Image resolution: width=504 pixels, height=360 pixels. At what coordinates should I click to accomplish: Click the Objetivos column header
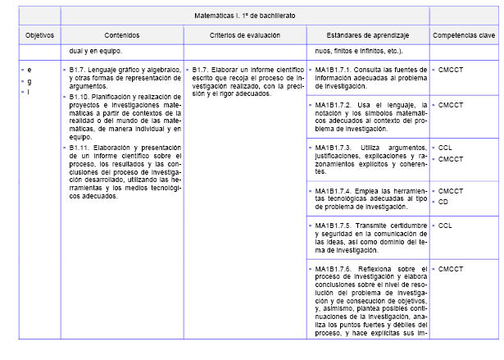pyautogui.click(x=39, y=35)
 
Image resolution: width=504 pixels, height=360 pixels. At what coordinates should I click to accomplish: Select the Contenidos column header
pyautogui.click(x=122, y=35)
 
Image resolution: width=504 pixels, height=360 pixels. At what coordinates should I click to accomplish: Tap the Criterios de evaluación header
pyautogui.click(x=245, y=35)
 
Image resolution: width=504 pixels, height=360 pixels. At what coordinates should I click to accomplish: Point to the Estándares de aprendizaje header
pyautogui.click(x=368, y=35)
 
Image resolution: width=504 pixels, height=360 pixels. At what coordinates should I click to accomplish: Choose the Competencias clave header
pyautogui.click(x=464, y=35)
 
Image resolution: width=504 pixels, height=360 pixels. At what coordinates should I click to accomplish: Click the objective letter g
pyautogui.click(x=30, y=81)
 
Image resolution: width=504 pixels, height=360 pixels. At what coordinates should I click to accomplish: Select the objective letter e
pyautogui.click(x=30, y=70)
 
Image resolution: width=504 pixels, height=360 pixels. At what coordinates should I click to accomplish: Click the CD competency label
pyautogui.click(x=443, y=202)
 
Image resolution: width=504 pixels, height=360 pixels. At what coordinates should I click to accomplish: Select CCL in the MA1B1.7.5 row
pyautogui.click(x=445, y=226)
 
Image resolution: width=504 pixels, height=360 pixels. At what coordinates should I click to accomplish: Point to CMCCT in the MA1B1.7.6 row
pyautogui.click(x=451, y=268)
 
